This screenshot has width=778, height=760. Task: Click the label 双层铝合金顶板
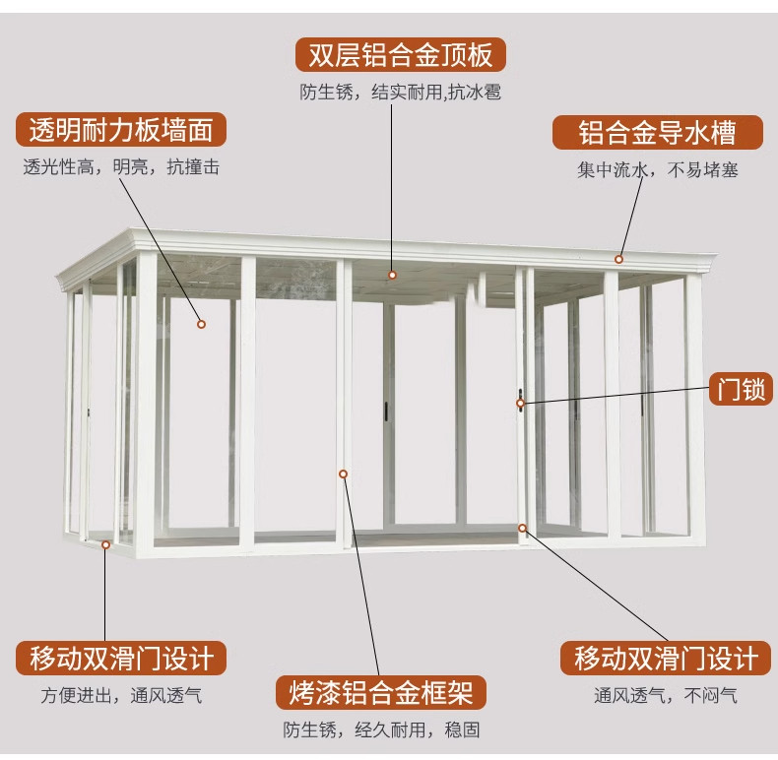click(x=401, y=53)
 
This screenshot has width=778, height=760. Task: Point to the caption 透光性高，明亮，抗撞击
click(x=121, y=167)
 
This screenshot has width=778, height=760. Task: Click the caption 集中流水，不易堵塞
click(x=657, y=169)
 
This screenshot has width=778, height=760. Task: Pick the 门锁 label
click(x=741, y=390)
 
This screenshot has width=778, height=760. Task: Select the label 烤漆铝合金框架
click(x=381, y=692)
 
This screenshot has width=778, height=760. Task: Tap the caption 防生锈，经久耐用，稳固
click(x=381, y=729)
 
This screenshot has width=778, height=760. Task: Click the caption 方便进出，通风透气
click(x=121, y=696)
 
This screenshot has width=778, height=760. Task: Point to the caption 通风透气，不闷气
click(x=665, y=696)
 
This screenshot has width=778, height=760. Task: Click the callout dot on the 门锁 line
click(x=521, y=402)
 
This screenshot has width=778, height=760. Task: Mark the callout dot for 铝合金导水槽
click(x=619, y=259)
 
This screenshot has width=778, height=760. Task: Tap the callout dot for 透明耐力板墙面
click(x=201, y=323)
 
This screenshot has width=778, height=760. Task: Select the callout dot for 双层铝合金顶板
click(x=392, y=275)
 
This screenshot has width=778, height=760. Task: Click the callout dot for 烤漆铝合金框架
click(x=344, y=475)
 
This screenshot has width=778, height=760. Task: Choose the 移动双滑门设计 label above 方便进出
click(x=121, y=658)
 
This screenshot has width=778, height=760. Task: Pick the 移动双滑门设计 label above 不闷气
click(x=665, y=658)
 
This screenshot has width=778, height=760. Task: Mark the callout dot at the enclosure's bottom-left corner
click(x=106, y=542)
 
